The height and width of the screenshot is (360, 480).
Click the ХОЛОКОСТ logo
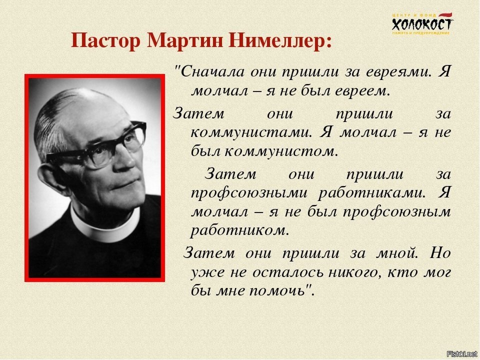[x=422, y=24]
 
